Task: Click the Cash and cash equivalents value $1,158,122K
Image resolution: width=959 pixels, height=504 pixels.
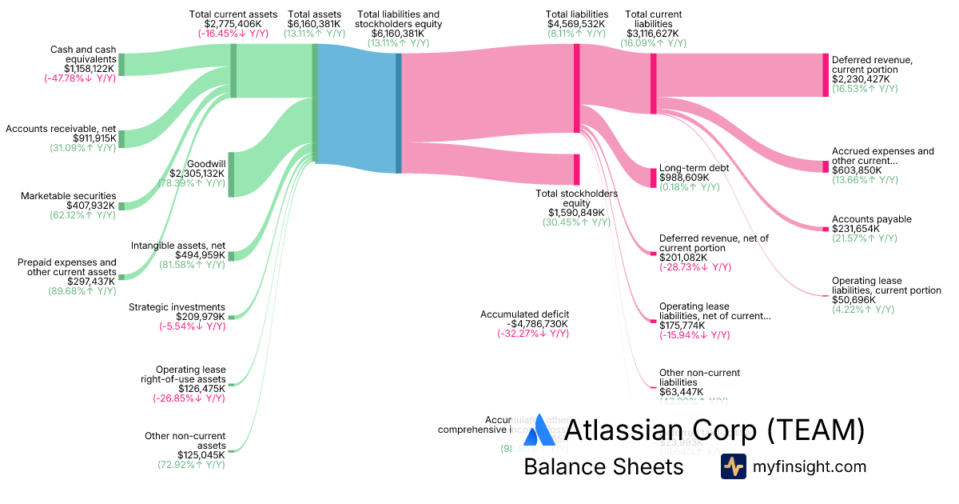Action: pos(79,69)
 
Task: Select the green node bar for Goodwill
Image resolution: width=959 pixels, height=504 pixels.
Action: pos(232,174)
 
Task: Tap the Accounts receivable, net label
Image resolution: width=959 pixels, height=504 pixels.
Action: pos(61,128)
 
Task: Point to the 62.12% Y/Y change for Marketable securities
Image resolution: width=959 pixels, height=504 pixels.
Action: pos(82,216)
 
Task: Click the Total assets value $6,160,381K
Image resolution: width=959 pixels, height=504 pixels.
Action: pos(314,24)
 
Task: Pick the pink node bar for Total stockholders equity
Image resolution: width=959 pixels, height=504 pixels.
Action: pos(576,170)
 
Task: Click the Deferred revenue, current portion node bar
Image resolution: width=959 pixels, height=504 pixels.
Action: pos(826,75)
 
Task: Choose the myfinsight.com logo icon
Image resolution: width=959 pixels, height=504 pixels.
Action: pos(733,466)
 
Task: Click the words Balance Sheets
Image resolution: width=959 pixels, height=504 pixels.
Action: pos(603,467)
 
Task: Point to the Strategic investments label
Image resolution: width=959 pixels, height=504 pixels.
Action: pos(177,307)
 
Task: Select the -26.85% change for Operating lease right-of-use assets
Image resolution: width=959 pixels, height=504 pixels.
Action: pos(189,398)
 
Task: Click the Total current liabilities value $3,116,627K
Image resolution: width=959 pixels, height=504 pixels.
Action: pos(653,34)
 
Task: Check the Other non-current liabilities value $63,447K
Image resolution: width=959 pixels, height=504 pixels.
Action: pos(681,391)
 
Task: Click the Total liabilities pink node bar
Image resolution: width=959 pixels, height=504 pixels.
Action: pos(576,88)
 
